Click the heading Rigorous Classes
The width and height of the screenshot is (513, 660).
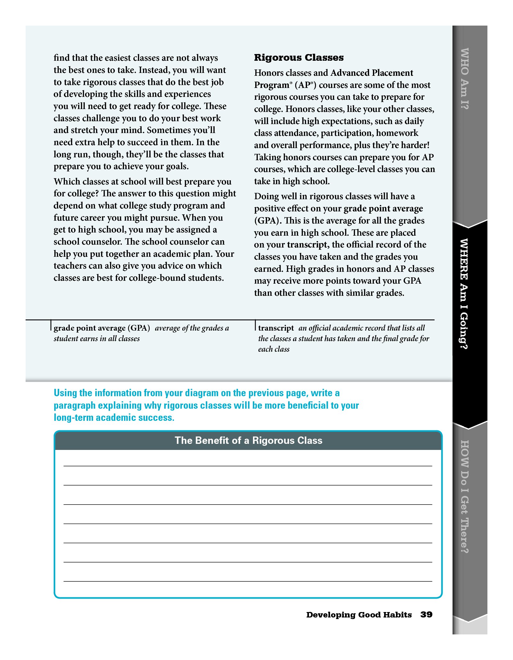pyautogui.click(x=299, y=58)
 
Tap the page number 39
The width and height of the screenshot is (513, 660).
pyautogui.click(x=426, y=615)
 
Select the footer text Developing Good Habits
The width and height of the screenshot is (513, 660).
pyautogui.click(x=359, y=615)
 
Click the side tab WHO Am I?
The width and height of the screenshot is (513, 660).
pyautogui.click(x=464, y=79)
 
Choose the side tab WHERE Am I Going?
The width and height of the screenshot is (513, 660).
pyautogui.click(x=464, y=294)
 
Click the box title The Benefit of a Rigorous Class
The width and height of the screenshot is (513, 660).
pyautogui.click(x=248, y=441)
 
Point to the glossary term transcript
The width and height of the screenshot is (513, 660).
pyautogui.click(x=276, y=328)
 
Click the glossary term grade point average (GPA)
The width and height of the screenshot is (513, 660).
pyautogui.click(x=102, y=328)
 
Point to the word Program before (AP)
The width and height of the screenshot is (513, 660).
pyautogui.click(x=272, y=85)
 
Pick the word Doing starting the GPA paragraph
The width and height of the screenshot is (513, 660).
pyautogui.click(x=266, y=196)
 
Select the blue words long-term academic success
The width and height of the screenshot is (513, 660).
pyautogui.click(x=114, y=418)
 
